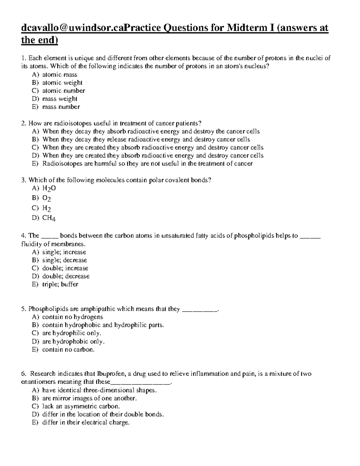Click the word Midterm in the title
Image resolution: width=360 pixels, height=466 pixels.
[247, 28]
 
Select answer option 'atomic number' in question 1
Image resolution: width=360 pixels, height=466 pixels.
[63, 91]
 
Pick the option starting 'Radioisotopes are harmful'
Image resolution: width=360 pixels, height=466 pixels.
[147, 164]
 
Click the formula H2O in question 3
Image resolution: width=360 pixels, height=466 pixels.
[49, 188]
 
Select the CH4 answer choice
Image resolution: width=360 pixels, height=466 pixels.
[49, 218]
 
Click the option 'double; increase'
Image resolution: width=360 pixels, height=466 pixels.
[65, 268]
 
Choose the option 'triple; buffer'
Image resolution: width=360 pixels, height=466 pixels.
[60, 284]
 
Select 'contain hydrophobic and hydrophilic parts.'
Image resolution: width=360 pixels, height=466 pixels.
[103, 325]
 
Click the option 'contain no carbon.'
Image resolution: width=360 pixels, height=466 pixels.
[68, 349]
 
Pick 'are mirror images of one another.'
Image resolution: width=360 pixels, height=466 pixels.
[89, 398]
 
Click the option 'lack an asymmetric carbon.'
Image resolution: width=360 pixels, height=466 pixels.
[81, 406]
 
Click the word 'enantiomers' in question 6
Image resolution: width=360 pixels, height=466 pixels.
[38, 382]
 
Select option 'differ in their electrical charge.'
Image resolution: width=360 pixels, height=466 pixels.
[85, 422]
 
